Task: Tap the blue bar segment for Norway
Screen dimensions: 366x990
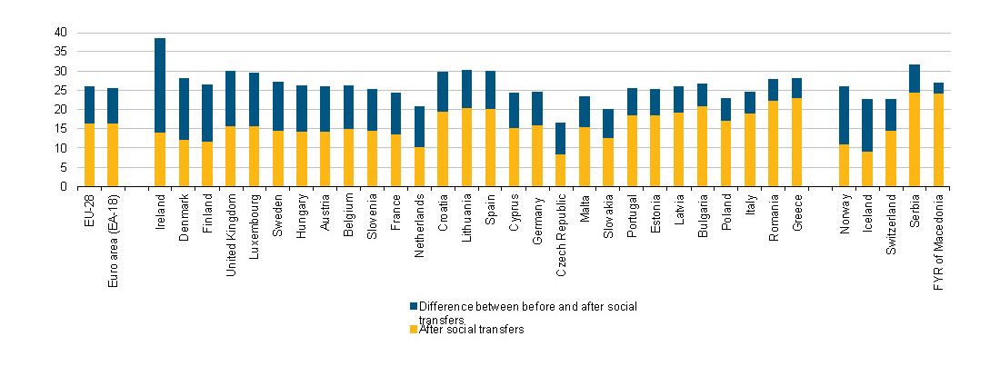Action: coord(844,115)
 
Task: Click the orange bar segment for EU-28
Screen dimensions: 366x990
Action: coord(89,155)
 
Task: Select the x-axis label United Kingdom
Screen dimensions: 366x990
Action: coord(231,228)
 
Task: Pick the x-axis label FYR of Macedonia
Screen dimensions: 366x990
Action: coord(938,238)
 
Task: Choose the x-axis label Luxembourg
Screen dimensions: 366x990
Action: coord(255,223)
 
